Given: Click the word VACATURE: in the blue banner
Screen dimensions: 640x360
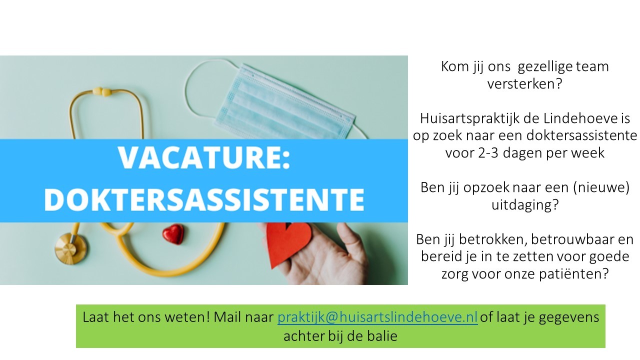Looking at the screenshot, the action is (204, 158).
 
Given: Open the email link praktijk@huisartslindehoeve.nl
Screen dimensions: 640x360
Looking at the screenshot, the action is (377, 317).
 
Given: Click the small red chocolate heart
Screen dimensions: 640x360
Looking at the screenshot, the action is (173, 234).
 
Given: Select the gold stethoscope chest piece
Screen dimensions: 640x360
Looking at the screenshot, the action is (71, 248).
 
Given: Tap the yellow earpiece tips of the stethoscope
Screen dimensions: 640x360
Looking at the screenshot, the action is (102, 91).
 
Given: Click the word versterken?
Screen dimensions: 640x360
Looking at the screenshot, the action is (524, 84).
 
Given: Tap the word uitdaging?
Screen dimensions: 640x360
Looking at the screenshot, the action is (525, 205).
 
